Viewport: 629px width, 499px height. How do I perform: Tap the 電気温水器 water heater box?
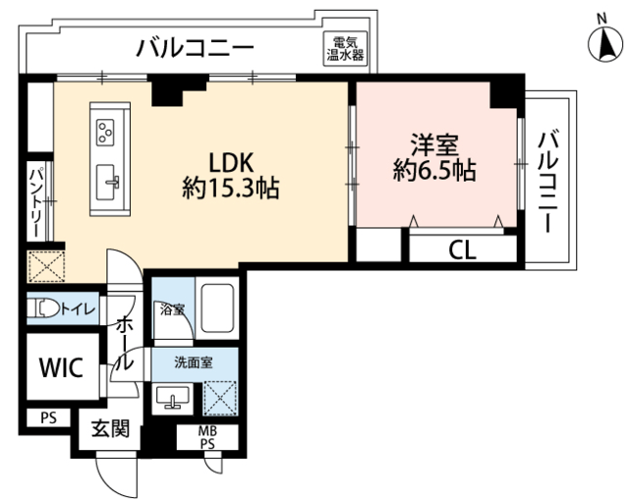pyautogui.click(x=346, y=48)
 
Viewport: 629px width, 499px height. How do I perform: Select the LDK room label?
pyautogui.click(x=232, y=163)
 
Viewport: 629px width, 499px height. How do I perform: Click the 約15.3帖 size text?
pyautogui.click(x=231, y=188)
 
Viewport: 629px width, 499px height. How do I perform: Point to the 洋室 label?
pyautogui.click(x=434, y=145)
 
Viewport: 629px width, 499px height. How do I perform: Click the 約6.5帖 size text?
pyautogui.click(x=434, y=170)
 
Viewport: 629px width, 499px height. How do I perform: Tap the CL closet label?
pyautogui.click(x=462, y=250)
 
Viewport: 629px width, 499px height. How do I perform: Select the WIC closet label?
pyautogui.click(x=61, y=366)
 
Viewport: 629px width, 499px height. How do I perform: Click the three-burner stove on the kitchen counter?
pyautogui.click(x=105, y=132)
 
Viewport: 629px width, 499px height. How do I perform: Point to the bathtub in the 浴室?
pyautogui.click(x=217, y=306)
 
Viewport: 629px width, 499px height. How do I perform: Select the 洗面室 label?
pyautogui.click(x=194, y=362)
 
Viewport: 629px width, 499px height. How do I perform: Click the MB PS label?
pyautogui.click(x=207, y=437)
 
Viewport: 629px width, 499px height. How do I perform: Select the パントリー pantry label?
pyautogui.click(x=36, y=202)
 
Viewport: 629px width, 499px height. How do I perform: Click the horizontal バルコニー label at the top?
pyautogui.click(x=196, y=48)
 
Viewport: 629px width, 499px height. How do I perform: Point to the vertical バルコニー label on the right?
pyautogui.click(x=548, y=181)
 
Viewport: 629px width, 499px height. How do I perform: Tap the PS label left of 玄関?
pyautogui.click(x=48, y=418)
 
